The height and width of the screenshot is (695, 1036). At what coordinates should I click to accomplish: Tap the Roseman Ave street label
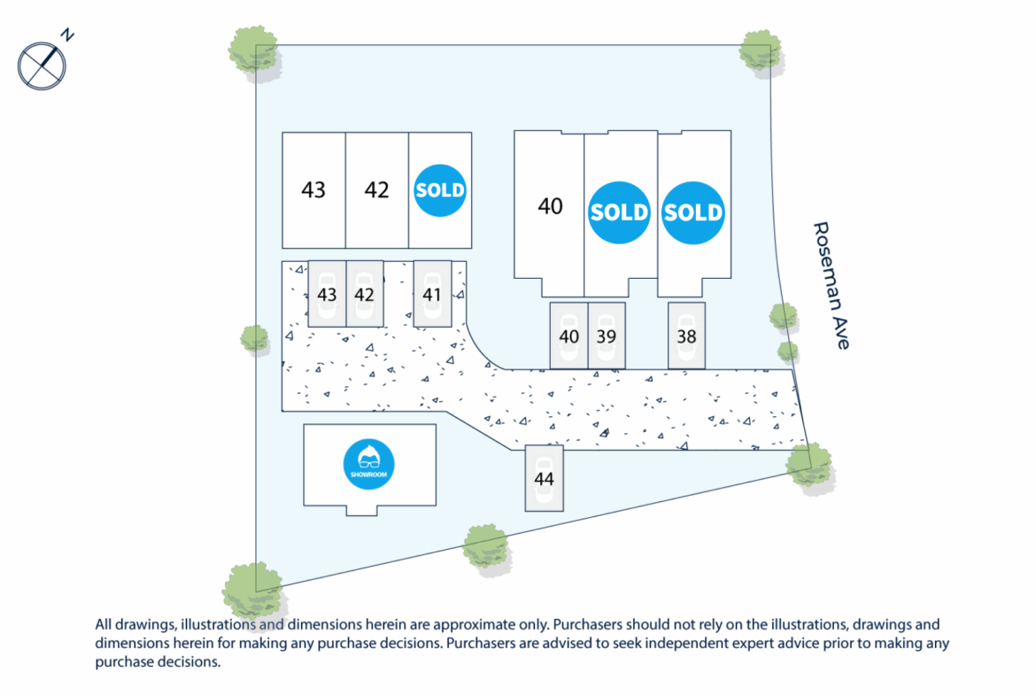pos(831,285)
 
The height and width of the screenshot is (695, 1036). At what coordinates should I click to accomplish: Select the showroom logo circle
pos(368,465)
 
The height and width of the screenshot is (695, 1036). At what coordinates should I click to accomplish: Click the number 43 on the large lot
pos(313,190)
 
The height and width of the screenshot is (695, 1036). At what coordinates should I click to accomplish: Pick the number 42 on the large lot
pos(376,190)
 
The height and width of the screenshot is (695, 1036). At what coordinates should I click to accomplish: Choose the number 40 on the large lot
pos(550,206)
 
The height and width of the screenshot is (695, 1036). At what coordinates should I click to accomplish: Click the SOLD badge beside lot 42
pos(440,190)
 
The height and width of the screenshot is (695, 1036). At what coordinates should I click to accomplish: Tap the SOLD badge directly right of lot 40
pos(619,212)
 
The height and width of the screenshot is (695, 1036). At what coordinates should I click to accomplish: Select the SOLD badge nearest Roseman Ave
pos(693,212)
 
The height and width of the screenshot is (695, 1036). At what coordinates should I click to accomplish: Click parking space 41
pos(432,294)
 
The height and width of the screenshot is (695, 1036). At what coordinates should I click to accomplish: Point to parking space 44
pos(544,478)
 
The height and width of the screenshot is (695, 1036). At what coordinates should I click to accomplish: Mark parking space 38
pos(686,336)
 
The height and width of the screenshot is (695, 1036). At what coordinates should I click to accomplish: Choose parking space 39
pos(607,336)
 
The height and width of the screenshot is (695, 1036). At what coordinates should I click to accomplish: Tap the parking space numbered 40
pos(568,336)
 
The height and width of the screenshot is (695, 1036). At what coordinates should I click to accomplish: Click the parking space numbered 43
pos(327,294)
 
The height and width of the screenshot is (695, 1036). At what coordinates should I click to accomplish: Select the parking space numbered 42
pos(365,294)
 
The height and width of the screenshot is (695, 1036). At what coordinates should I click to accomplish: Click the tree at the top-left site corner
pos(254,52)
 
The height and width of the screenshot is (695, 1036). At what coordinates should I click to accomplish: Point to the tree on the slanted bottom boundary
pos(486,547)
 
